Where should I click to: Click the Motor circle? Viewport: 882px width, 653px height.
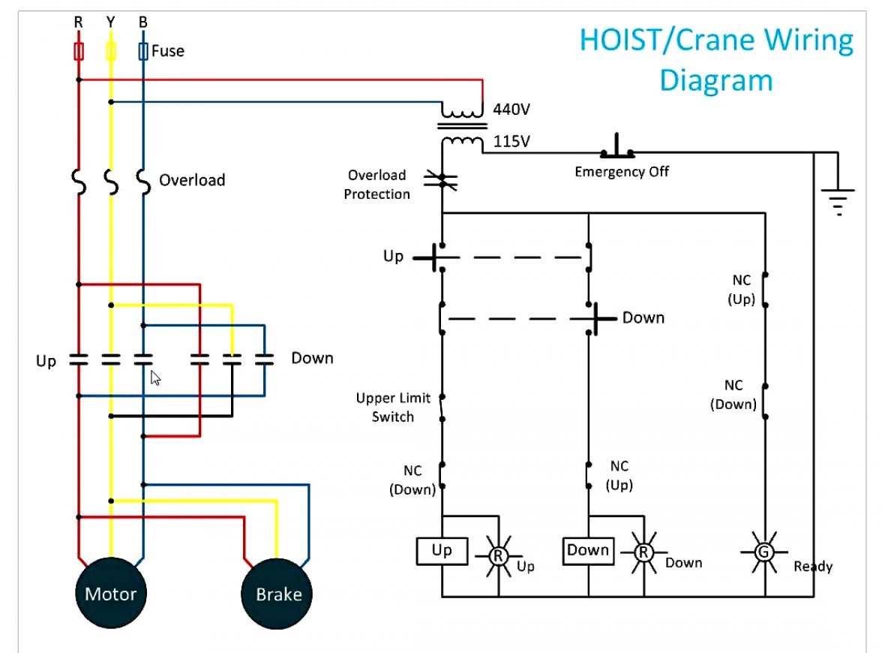click(110, 594)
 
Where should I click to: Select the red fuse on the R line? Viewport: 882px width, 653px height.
click(78, 51)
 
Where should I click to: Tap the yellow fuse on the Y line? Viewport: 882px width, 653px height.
click(111, 51)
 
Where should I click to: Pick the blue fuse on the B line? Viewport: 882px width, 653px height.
click(143, 51)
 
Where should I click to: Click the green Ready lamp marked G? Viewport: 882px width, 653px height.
click(764, 552)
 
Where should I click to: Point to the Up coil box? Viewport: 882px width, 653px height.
click(442, 551)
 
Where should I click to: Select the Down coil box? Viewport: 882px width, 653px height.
click(588, 551)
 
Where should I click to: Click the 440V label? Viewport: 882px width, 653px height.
click(511, 110)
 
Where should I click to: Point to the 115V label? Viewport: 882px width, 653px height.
click(511, 140)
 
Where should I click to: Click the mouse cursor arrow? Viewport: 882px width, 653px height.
click(155, 378)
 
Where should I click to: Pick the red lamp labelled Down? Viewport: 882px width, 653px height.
click(643, 553)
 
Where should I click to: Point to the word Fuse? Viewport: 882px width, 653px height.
click(167, 51)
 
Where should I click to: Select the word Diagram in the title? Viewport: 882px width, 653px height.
click(715, 79)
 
